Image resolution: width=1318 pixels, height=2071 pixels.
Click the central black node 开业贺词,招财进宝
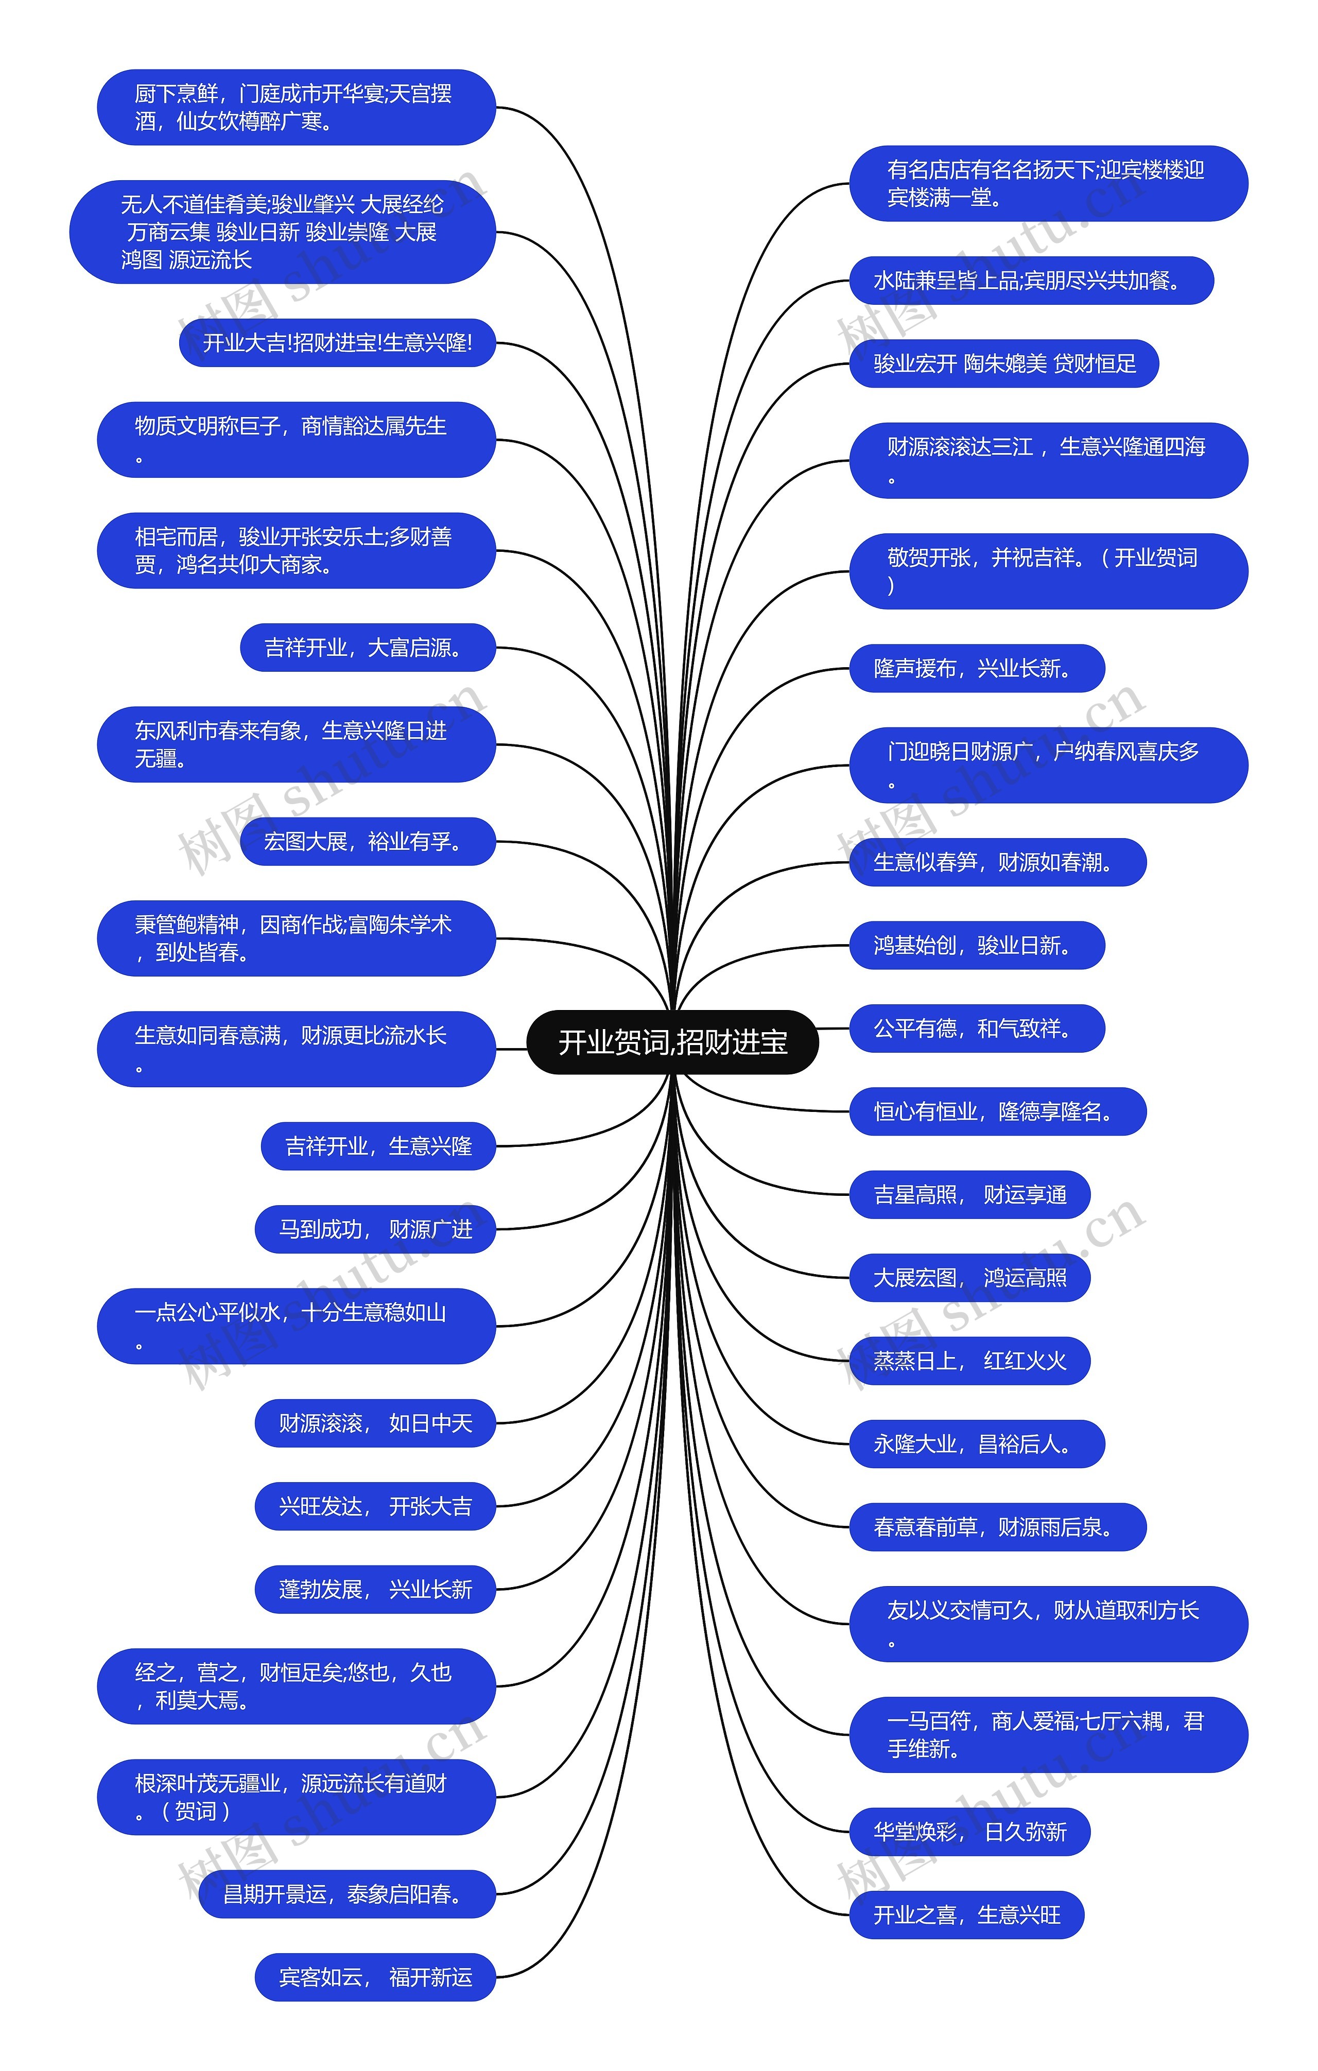click(x=672, y=1041)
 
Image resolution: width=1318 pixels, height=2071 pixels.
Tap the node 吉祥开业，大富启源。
click(x=368, y=648)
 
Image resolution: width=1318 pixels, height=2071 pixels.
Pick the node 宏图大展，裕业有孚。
click(x=368, y=841)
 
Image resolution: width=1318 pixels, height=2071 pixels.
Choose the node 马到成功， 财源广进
click(x=375, y=1229)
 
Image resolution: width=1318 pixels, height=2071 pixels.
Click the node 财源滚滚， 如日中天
click(x=375, y=1423)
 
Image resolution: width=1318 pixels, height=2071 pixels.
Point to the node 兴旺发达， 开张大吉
click(x=375, y=1506)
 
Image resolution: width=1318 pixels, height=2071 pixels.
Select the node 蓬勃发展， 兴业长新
click(x=375, y=1589)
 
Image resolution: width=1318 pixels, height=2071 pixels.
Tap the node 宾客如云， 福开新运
click(x=375, y=1977)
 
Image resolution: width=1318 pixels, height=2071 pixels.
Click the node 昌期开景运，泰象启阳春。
click(x=346, y=1894)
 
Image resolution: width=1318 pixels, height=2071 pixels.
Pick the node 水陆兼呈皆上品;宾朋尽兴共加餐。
click(x=1031, y=281)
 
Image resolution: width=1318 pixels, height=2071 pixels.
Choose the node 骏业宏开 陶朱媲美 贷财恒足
click(x=1004, y=364)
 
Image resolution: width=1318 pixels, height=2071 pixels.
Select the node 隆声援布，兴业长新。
click(x=977, y=668)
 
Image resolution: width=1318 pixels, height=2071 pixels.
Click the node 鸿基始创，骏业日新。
click(x=977, y=945)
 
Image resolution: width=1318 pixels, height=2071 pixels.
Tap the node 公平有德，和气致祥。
click(x=977, y=1028)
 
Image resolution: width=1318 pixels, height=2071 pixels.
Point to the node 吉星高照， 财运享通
click(x=969, y=1195)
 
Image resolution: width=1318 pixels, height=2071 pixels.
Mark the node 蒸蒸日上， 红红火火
click(x=969, y=1361)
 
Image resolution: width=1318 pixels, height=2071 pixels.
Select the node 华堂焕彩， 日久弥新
click(x=969, y=1832)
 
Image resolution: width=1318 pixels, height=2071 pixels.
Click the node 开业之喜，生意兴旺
click(x=966, y=1915)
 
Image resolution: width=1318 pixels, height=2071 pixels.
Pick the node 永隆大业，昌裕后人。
click(x=977, y=1444)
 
